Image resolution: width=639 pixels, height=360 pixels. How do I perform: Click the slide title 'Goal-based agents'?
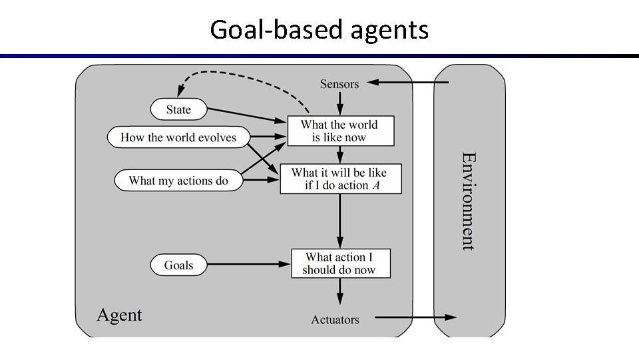click(319, 29)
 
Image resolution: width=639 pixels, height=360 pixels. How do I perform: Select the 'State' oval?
click(178, 110)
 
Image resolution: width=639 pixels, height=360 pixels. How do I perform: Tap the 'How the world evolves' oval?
click(178, 138)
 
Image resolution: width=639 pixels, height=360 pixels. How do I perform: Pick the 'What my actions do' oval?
click(178, 181)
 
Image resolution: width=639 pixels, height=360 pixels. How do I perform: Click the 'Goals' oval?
click(178, 265)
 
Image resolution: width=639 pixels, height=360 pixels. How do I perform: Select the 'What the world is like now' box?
click(339, 131)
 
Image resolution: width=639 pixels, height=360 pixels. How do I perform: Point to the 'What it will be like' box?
click(340, 178)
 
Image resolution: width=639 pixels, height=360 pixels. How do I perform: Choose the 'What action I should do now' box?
click(340, 263)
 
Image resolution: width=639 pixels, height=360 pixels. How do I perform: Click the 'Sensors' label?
click(339, 84)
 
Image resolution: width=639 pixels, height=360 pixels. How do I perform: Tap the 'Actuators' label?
click(335, 320)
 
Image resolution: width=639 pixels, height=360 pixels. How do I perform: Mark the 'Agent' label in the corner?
click(120, 315)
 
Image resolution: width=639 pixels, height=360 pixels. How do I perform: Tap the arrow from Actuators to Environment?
click(415, 317)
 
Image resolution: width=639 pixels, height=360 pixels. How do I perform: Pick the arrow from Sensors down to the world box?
click(340, 103)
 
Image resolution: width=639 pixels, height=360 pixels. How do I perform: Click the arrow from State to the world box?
click(247, 115)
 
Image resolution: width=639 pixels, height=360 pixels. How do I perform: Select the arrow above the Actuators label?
click(340, 292)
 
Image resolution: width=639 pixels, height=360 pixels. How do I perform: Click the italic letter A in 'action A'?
click(376, 186)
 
